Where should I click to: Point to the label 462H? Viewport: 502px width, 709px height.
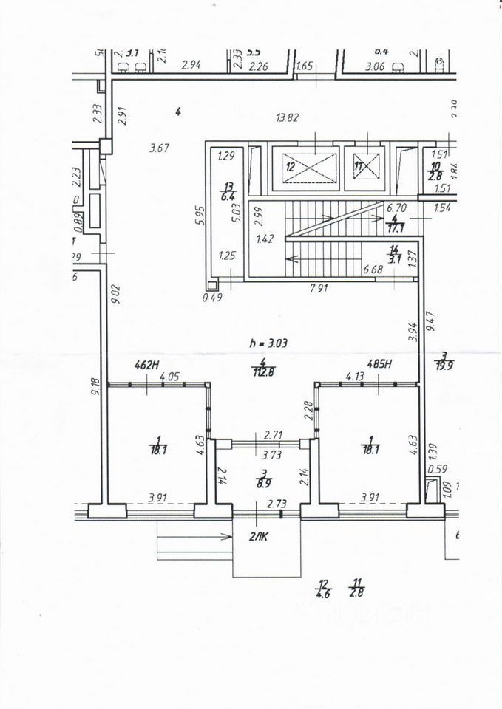pyautogui.click(x=147, y=364)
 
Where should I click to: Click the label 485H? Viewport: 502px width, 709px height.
pyautogui.click(x=379, y=364)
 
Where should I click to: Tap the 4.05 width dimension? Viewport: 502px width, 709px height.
pyautogui.click(x=170, y=376)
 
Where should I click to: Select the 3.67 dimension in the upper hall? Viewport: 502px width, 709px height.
pyautogui.click(x=160, y=148)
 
